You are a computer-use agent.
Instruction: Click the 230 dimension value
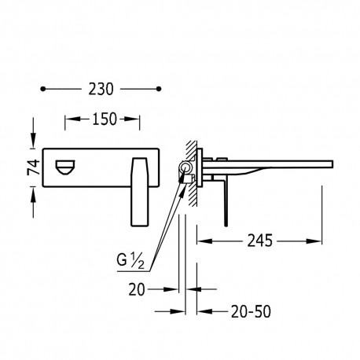(x=101, y=89)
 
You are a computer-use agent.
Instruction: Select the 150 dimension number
(x=105, y=119)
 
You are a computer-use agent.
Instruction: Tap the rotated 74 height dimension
(x=34, y=167)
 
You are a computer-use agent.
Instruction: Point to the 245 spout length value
(x=260, y=241)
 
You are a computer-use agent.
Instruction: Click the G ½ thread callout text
(x=130, y=261)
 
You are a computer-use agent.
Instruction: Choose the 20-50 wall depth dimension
(x=251, y=312)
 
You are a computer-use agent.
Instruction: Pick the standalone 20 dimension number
(x=137, y=290)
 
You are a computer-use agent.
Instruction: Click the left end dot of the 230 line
(x=43, y=89)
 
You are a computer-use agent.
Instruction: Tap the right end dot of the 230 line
(x=158, y=89)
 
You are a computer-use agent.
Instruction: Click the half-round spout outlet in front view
(x=65, y=167)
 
